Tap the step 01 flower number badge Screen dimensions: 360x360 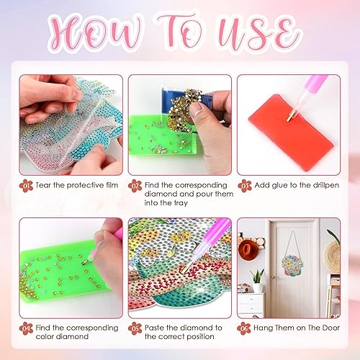pyautogui.click(x=27, y=185)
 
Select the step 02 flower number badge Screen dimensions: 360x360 pyautogui.click(x=136, y=185)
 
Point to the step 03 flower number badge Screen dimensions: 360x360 pyautogui.click(x=245, y=185)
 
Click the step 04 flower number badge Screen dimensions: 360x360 pyautogui.click(x=27, y=329)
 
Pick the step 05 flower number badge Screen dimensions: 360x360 pyautogui.click(x=136, y=329)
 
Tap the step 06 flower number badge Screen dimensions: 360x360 pyautogui.click(x=245, y=329)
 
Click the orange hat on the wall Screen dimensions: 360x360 pyautogui.click(x=249, y=249)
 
